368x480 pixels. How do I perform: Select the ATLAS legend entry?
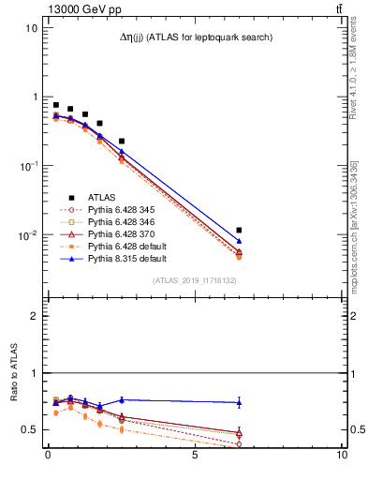click(x=102, y=198)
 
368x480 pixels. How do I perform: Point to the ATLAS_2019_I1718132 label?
click(x=195, y=280)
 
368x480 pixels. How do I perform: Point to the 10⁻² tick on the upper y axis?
click(x=31, y=235)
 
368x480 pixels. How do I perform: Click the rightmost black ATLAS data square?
click(x=240, y=230)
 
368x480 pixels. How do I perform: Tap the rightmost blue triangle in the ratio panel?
click(x=240, y=402)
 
